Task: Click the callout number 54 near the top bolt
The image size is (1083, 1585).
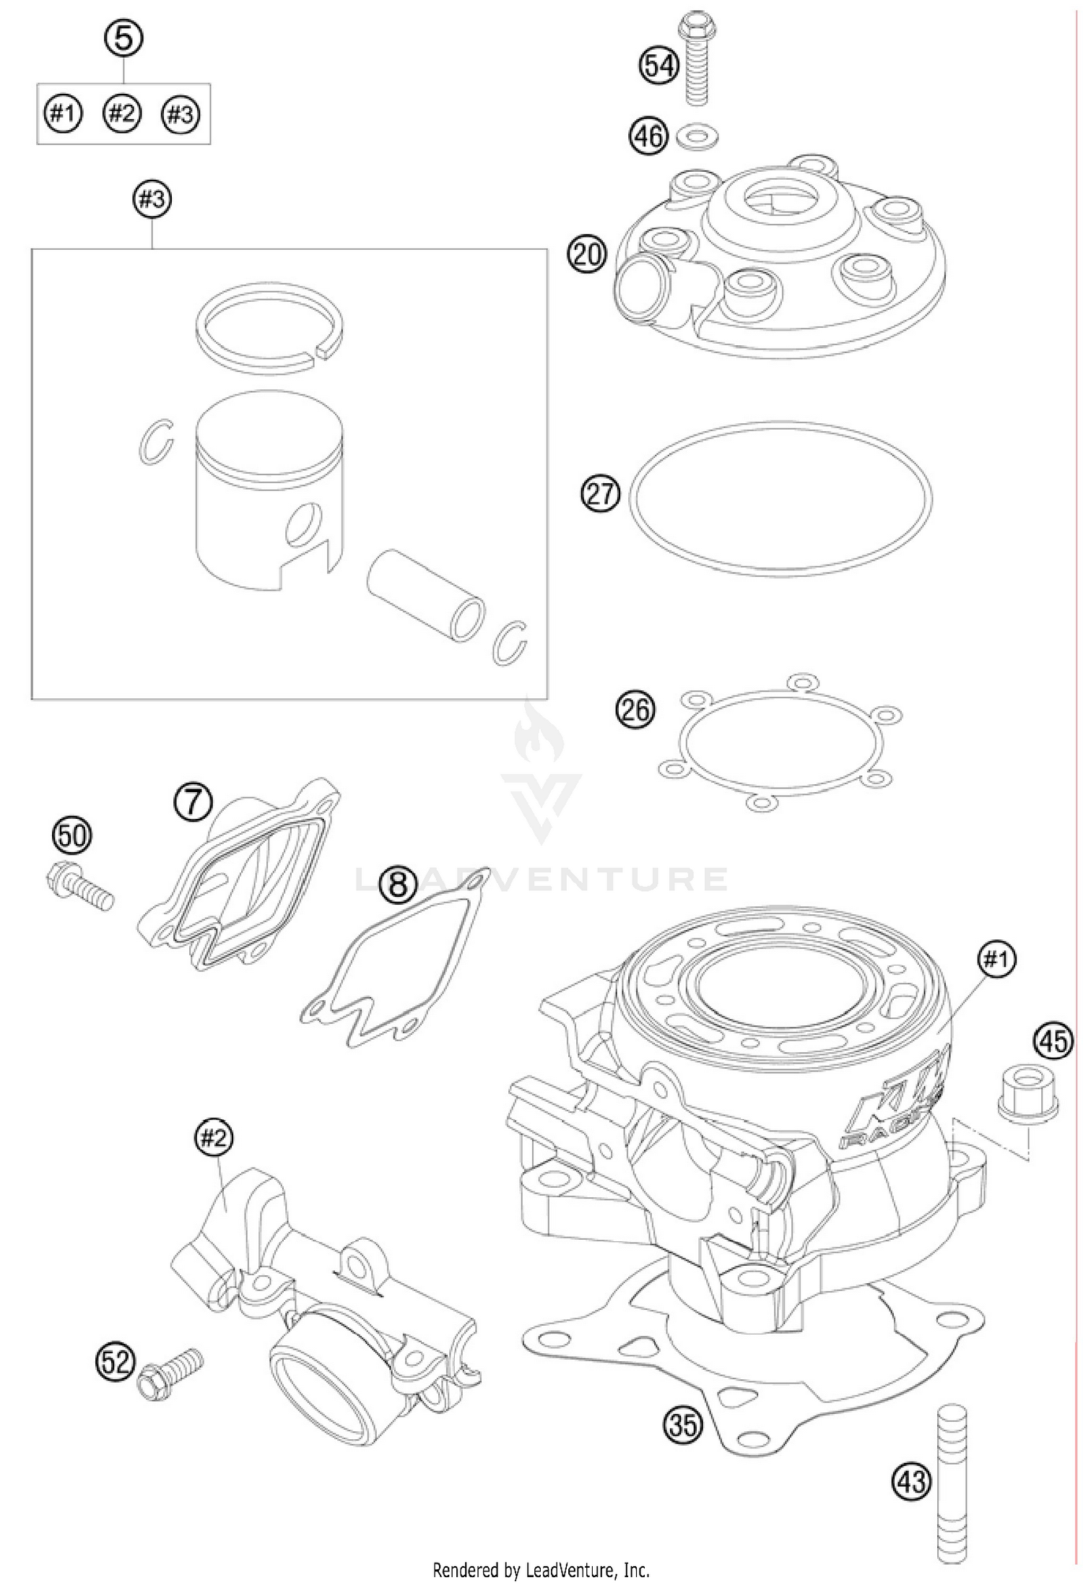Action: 658,66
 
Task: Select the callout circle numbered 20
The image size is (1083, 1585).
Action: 587,255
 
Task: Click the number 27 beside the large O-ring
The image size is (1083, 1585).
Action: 600,495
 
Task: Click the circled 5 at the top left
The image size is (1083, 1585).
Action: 123,38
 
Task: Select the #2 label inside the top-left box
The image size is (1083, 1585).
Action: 121,113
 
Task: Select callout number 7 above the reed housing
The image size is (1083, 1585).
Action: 193,802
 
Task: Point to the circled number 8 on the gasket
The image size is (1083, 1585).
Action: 399,885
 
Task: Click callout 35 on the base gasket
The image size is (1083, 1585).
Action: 682,1425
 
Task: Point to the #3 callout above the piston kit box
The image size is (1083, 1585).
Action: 152,199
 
